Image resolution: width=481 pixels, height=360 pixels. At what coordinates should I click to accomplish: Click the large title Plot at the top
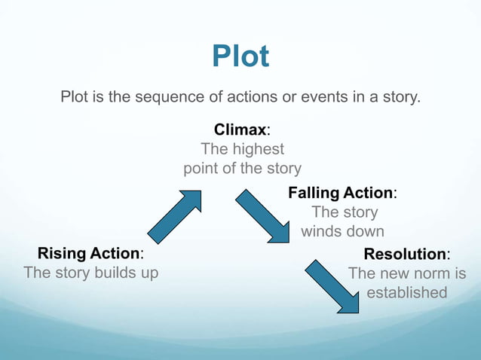pyautogui.click(x=240, y=56)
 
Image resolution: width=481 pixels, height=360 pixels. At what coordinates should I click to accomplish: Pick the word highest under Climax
pyautogui.click(x=256, y=149)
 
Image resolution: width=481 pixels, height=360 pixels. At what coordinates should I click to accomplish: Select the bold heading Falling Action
pyautogui.click(x=341, y=193)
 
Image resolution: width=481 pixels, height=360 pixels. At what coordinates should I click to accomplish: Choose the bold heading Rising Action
pyautogui.click(x=89, y=253)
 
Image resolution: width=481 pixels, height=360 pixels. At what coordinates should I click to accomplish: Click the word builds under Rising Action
pyautogui.click(x=115, y=273)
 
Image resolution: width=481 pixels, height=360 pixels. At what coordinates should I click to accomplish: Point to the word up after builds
pyautogui.click(x=149, y=273)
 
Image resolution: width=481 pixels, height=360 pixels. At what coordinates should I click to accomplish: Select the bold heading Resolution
pyautogui.click(x=405, y=254)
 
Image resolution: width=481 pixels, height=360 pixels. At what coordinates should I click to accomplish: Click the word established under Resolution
pyautogui.click(x=407, y=292)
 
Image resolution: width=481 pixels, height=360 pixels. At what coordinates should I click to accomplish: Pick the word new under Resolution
pyautogui.click(x=391, y=273)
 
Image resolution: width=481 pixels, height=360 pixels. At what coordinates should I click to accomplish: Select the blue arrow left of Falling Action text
pyautogui.click(x=262, y=216)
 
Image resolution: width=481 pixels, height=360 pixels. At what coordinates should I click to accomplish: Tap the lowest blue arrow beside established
pyautogui.click(x=332, y=286)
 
